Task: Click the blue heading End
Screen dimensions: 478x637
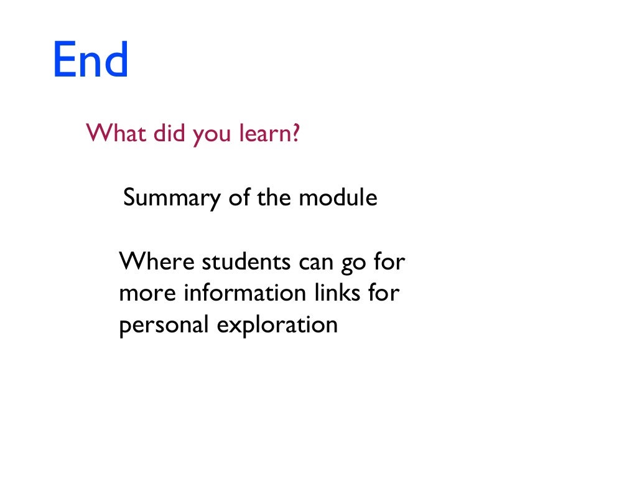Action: pyautogui.click(x=90, y=60)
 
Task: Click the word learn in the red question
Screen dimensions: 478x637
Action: pyautogui.click(x=265, y=133)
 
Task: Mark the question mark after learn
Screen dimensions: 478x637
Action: pyautogui.click(x=295, y=133)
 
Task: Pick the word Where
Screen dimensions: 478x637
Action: pyautogui.click(x=157, y=261)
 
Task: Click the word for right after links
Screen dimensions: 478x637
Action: pyautogui.click(x=383, y=293)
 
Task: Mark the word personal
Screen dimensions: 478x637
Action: pyautogui.click(x=164, y=326)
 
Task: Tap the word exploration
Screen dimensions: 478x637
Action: pyautogui.click(x=277, y=326)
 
